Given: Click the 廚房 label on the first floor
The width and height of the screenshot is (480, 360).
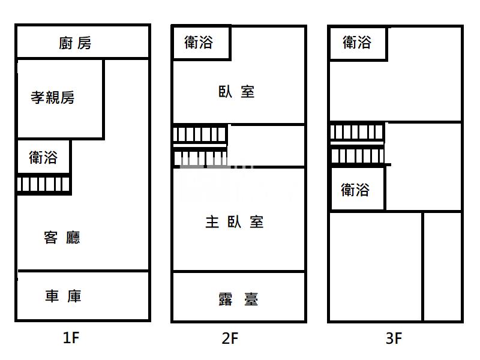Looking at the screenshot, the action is point(75,43).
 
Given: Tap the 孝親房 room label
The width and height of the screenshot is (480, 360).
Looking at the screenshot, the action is point(53,98).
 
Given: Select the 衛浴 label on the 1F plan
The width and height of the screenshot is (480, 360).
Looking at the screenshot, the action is point(43,157).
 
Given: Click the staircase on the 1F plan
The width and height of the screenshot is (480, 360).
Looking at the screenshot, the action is point(43,184).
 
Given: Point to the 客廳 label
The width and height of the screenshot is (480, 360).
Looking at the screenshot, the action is point(62,238).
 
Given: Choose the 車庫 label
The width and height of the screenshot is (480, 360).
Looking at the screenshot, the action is point(63,296).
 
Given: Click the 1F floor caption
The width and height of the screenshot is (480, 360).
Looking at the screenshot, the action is point(71,338).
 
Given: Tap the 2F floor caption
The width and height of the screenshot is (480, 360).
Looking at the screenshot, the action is point(230,338).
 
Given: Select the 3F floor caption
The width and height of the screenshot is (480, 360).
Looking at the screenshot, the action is point(394,338).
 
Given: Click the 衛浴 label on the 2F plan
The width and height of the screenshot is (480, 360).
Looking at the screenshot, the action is point(199,42).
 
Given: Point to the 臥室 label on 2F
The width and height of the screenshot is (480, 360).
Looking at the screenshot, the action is point(236,92).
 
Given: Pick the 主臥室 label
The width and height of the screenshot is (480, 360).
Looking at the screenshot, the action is point(235,222).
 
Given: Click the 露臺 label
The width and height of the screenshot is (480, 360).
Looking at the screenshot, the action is point(238,299).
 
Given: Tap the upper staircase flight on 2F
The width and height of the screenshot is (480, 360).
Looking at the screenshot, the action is point(200,134).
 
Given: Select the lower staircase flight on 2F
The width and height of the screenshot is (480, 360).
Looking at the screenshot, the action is point(200,158).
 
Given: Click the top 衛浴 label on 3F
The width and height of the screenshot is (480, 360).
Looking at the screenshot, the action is point(357,42).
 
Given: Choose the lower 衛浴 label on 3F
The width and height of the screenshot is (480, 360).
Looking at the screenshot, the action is point(355,190).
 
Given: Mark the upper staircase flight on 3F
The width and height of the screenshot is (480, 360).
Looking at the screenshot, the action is point(357,132).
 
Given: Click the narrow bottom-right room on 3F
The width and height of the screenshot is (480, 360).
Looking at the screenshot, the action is point(442,266).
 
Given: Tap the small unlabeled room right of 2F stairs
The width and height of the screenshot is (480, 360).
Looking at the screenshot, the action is point(266,146).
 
